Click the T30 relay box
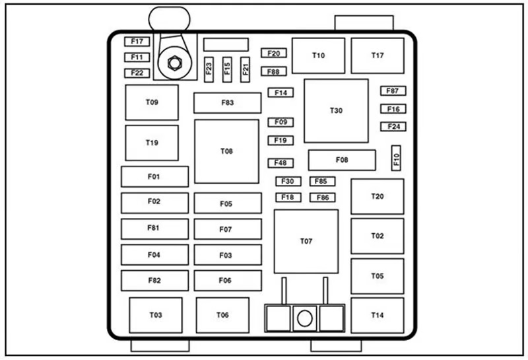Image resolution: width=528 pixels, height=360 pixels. coord(336,111)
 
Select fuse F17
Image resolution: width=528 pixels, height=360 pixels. coord(137,42)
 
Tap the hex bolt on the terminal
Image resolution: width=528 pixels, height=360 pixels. coord(174,63)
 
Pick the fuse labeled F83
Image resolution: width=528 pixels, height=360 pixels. coord(228,103)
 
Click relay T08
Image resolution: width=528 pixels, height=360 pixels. coord(226,151)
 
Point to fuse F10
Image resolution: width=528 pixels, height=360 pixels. coord(397,159)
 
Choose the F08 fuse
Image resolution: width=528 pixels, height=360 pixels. coord(342,160)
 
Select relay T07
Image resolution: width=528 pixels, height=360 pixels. coord(306,241)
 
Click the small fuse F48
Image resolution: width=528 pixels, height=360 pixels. coord(280,163)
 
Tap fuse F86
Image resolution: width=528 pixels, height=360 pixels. coord(322,198)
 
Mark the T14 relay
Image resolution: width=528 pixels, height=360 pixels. coord(377,315)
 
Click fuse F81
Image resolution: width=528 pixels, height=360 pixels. coord(154,228)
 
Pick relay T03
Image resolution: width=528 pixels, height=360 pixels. coord(156,315)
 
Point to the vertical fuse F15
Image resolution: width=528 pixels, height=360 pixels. coord(227,67)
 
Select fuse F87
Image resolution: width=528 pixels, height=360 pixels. coord(393,91)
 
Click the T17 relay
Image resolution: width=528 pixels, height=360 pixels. coord(377,55)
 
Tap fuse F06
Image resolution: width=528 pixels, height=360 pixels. coord(227,281)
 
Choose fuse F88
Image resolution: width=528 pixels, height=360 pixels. coord(273,71)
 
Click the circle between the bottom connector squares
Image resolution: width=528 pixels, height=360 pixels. coord(304,318)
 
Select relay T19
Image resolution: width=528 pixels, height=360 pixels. coord(152,143)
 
